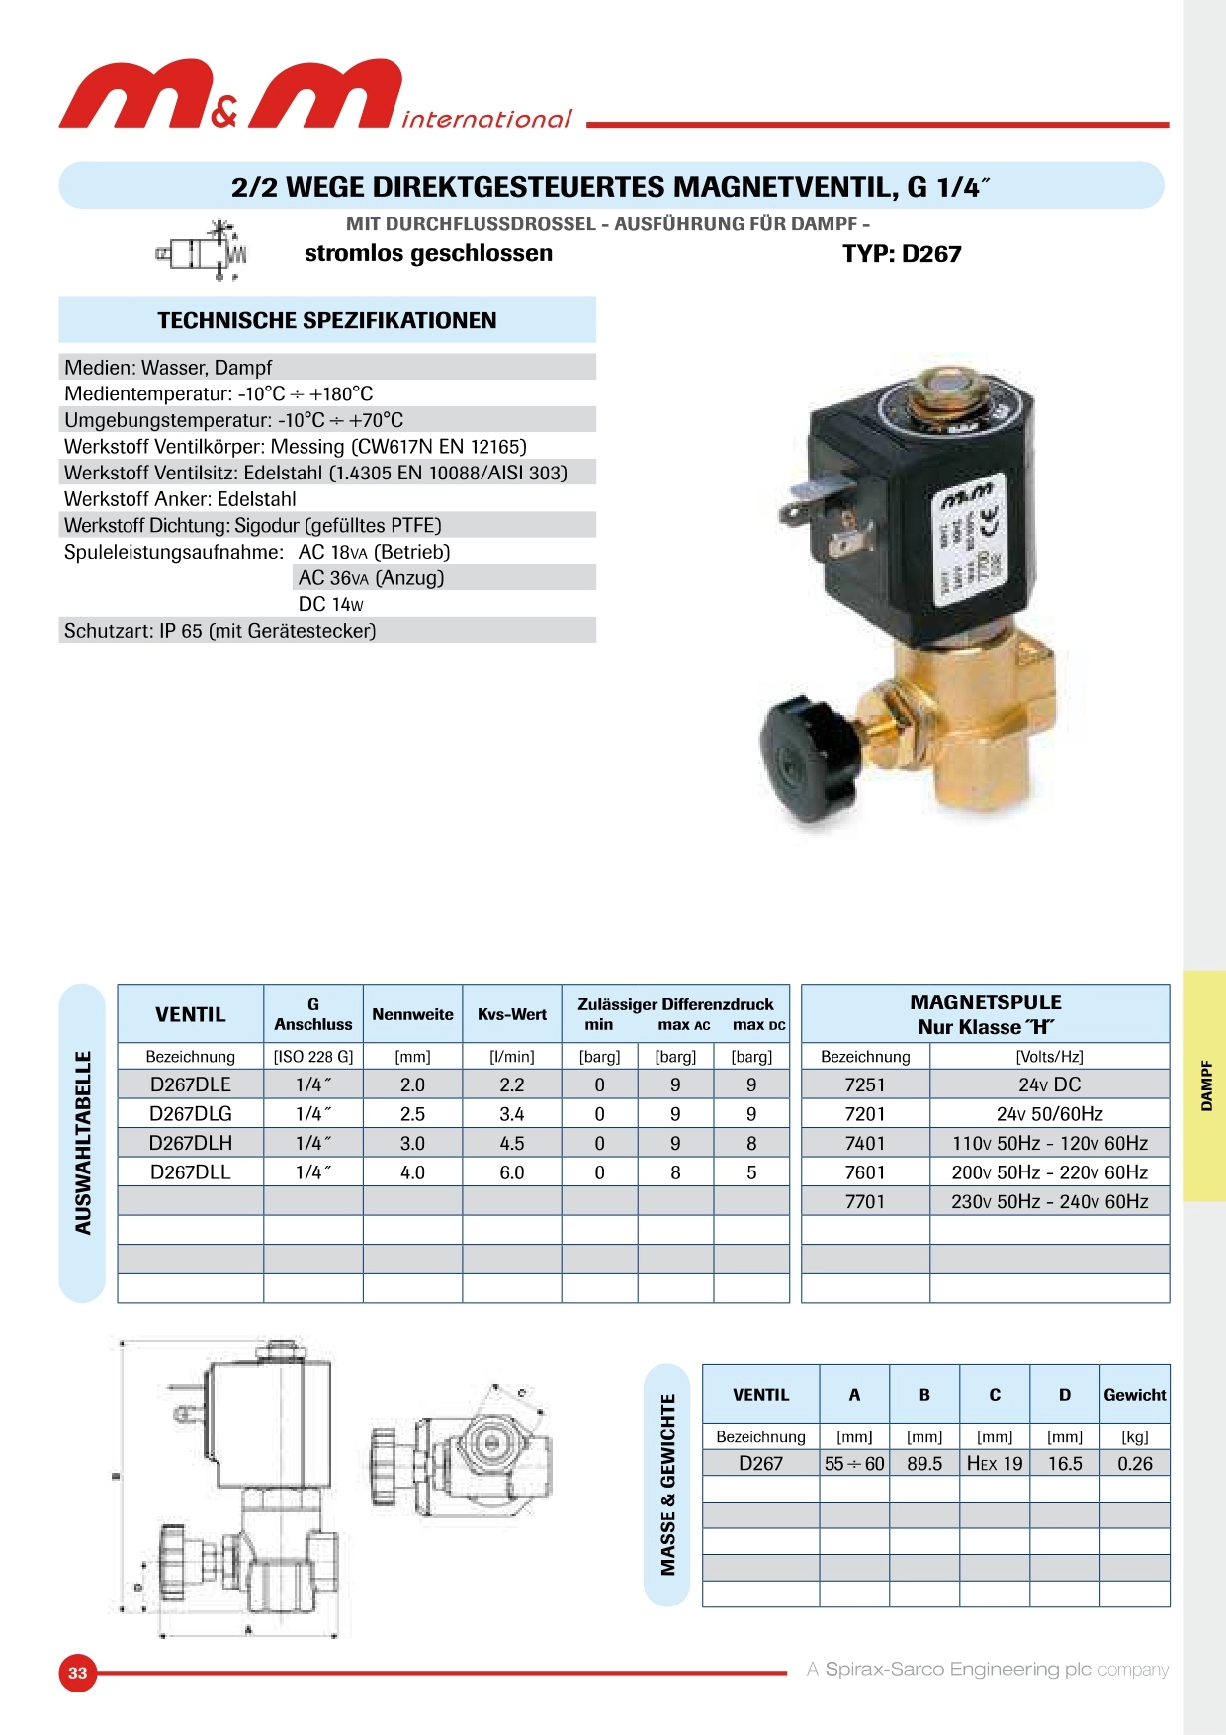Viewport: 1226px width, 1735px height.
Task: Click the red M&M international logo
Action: (x=316, y=95)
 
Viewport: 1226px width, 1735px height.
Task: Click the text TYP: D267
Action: (x=901, y=254)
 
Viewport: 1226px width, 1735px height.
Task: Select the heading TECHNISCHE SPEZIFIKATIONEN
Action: (x=326, y=320)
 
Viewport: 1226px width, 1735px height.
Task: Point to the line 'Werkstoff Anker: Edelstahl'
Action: (x=180, y=499)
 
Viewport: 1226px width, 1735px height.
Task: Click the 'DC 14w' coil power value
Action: (x=331, y=604)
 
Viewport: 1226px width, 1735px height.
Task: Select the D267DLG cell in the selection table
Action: (x=190, y=1114)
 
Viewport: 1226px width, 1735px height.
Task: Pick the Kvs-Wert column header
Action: (x=511, y=1014)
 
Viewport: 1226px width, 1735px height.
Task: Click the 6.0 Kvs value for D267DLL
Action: (x=511, y=1172)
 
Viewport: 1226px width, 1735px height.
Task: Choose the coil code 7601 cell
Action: (x=864, y=1172)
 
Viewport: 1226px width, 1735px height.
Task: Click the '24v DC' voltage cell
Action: (x=1049, y=1084)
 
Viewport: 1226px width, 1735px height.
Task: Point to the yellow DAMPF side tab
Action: (x=1205, y=1085)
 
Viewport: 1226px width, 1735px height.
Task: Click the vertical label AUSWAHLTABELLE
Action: (x=83, y=1142)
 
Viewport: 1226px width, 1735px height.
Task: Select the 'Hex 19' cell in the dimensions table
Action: (x=994, y=1464)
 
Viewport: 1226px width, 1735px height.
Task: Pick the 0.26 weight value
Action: (x=1134, y=1464)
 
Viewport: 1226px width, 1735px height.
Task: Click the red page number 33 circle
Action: (x=78, y=1673)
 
